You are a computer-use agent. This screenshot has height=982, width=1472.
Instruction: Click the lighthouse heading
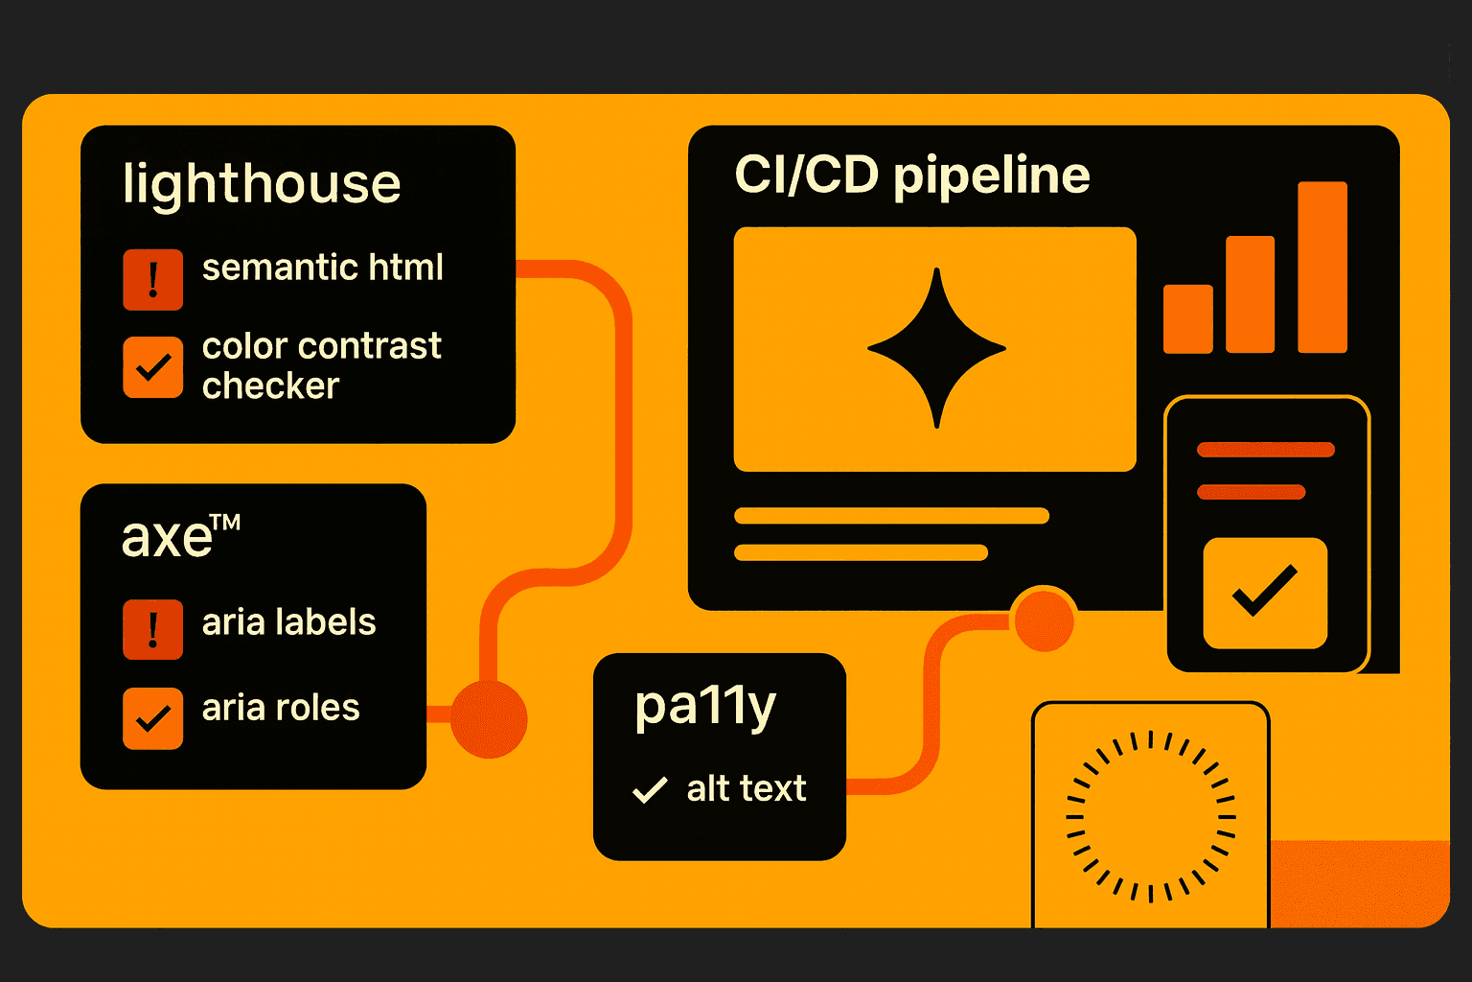[x=262, y=184]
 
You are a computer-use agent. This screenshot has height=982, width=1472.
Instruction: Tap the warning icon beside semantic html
[x=152, y=279]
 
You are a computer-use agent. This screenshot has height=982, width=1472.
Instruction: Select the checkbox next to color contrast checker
[x=152, y=366]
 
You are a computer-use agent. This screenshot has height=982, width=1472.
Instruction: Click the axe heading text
[x=168, y=537]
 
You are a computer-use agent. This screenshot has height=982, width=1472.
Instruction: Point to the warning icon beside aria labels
[x=152, y=629]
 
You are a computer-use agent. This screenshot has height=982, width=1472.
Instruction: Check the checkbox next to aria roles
[x=152, y=717]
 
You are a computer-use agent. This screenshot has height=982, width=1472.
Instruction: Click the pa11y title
[x=705, y=708]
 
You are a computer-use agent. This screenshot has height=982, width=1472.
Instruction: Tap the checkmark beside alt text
[x=650, y=789]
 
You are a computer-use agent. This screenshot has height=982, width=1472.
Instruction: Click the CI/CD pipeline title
[x=911, y=175]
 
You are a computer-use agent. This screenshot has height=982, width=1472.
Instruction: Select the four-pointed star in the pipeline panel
[x=936, y=348]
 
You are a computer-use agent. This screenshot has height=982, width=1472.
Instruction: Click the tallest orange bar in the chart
[x=1322, y=267]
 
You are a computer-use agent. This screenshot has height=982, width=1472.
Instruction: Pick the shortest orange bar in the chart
[x=1187, y=318]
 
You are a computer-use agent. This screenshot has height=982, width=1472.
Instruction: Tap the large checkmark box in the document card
[x=1265, y=593]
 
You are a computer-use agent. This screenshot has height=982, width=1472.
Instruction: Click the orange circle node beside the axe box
[x=489, y=718]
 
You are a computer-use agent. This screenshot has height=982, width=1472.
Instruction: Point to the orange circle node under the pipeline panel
[x=1043, y=620]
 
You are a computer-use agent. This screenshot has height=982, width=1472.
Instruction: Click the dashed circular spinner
[x=1150, y=817]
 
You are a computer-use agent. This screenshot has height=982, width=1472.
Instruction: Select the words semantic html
[x=322, y=268]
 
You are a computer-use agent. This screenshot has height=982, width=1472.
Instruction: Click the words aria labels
[x=288, y=622]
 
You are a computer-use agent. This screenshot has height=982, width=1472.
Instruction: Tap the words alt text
[x=746, y=789]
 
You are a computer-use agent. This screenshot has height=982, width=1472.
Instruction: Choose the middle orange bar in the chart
[x=1250, y=294]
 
